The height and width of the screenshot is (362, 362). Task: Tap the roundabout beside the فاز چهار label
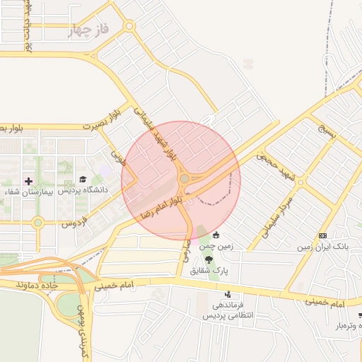(129, 26)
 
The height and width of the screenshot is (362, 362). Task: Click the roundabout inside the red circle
(185, 179)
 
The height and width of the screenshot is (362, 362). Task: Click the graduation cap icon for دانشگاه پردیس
(83, 180)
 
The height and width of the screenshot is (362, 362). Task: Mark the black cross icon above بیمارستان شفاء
(28, 182)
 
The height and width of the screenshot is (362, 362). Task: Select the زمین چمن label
(216, 246)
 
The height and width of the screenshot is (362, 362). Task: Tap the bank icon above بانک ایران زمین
(323, 235)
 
